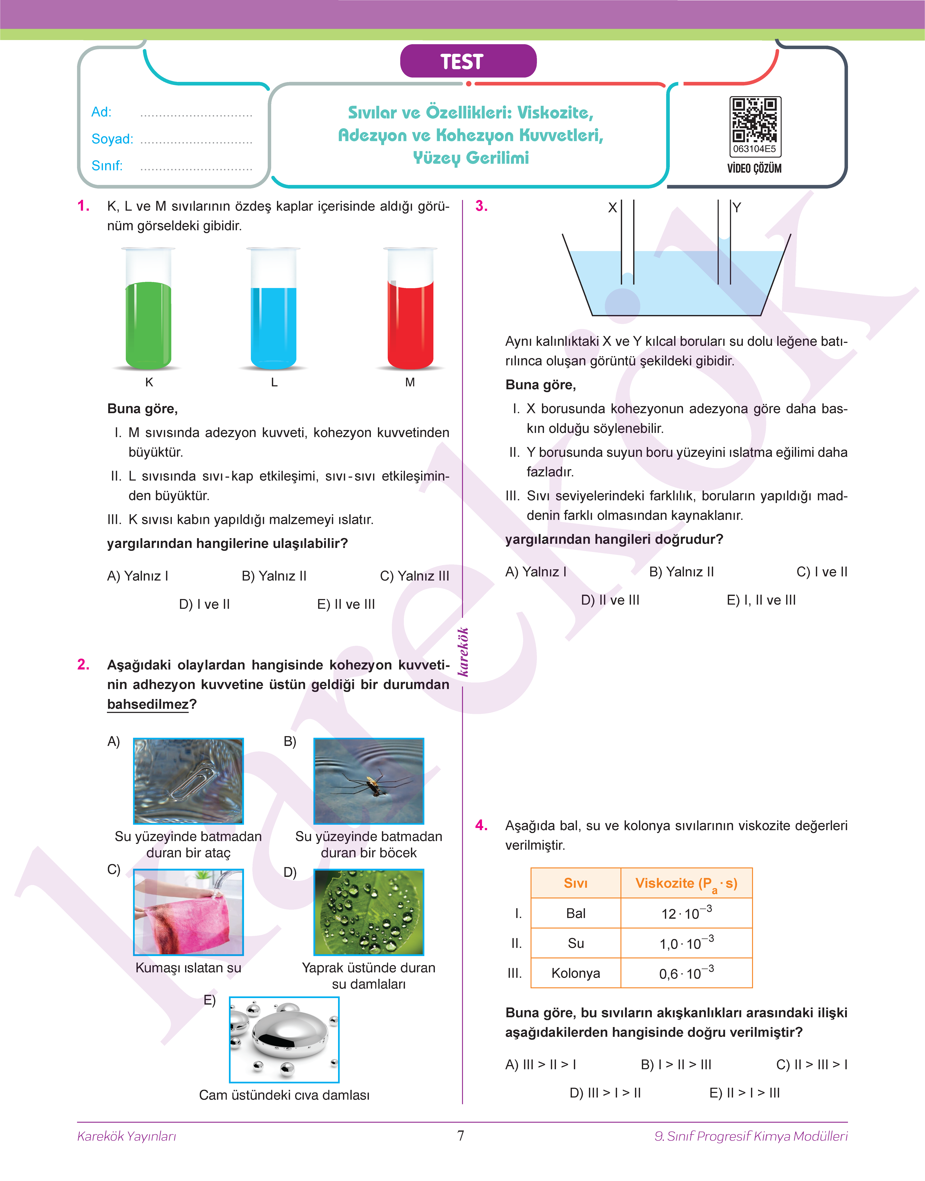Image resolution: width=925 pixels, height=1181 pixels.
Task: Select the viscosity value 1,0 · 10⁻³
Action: (686, 943)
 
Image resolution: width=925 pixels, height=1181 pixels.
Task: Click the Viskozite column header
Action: (686, 883)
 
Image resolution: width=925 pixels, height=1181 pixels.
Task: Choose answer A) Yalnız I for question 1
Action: (138, 576)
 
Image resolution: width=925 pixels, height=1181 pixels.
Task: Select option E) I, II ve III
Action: (761, 600)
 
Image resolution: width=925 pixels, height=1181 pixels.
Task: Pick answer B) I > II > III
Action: (676, 1065)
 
